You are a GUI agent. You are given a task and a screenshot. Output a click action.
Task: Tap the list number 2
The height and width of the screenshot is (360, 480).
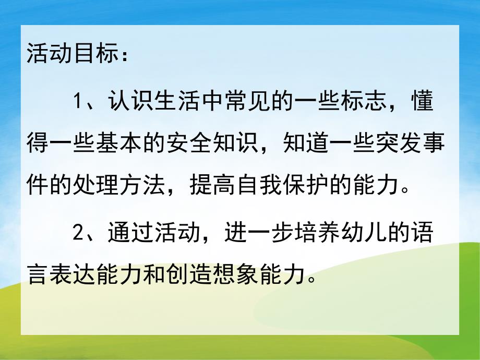79,232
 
